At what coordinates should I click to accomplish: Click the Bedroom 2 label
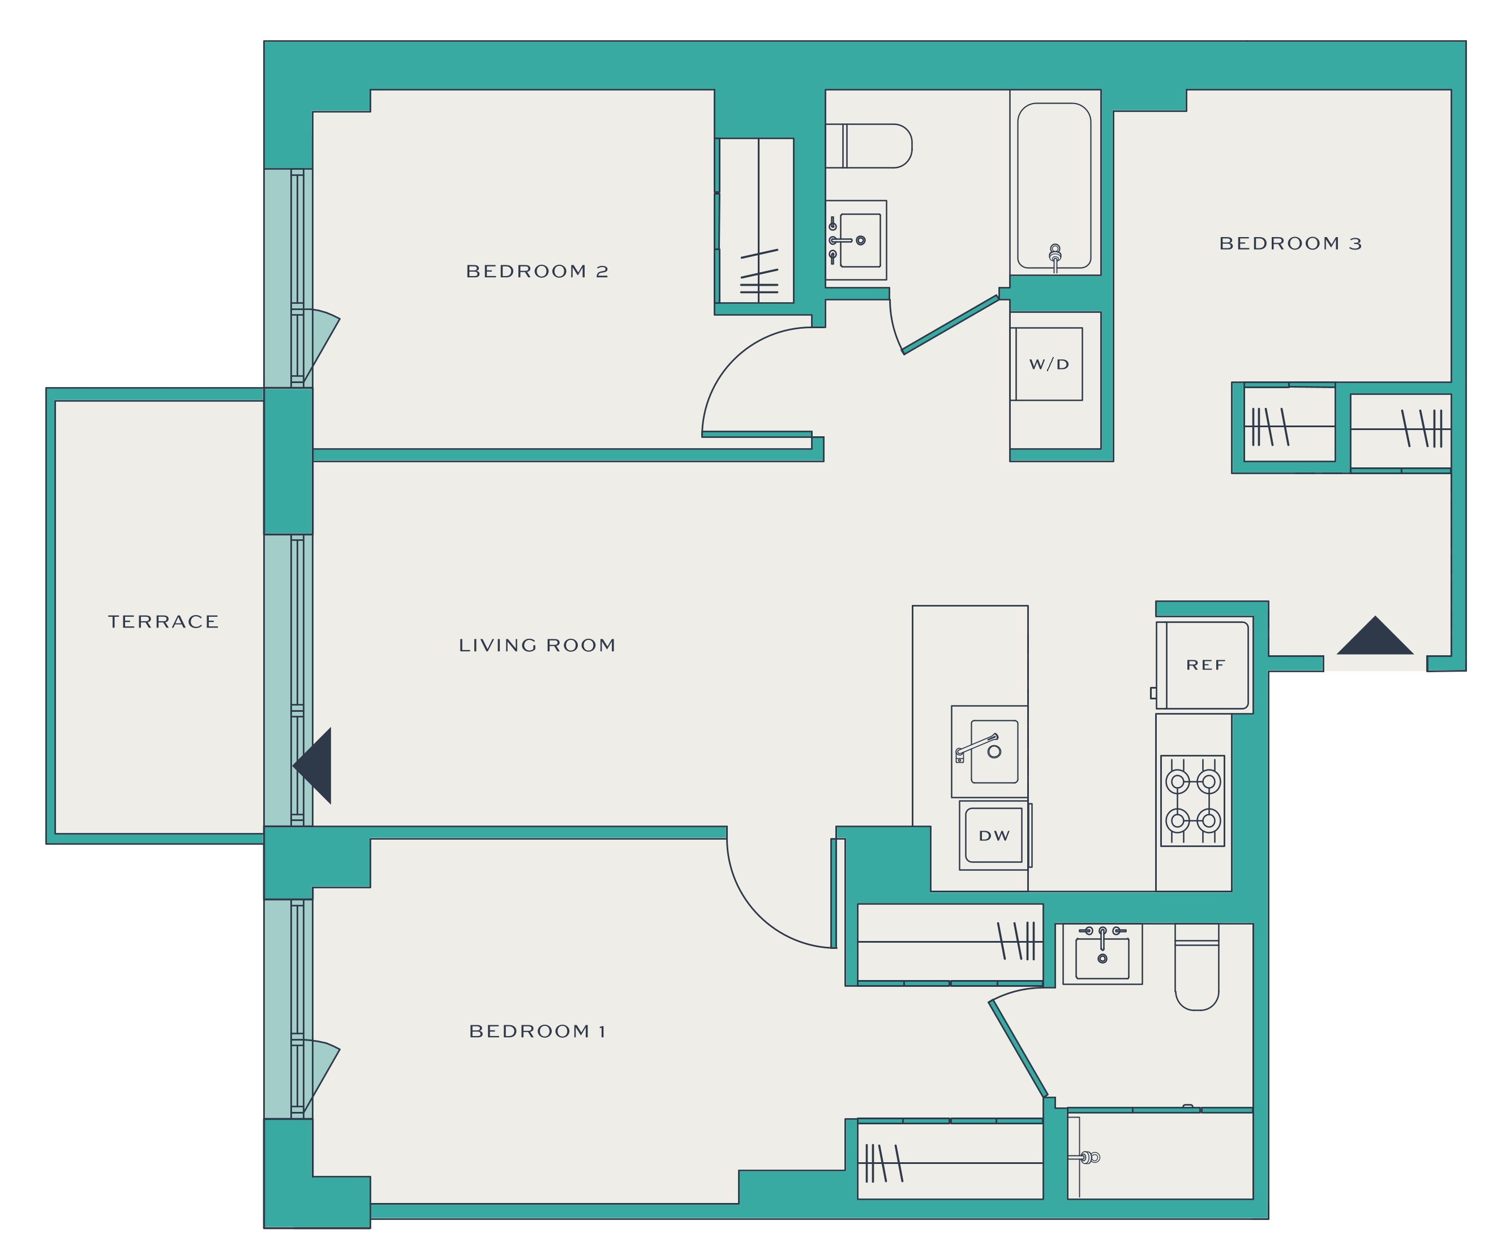(x=537, y=272)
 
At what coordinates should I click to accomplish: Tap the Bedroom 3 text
(x=1290, y=244)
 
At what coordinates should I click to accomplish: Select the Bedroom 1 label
(x=537, y=1032)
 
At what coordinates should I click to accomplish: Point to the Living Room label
(x=537, y=645)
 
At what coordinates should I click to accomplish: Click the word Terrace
(x=164, y=622)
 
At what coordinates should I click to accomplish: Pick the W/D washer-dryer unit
(x=1047, y=364)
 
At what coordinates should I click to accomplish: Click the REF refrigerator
(x=1203, y=665)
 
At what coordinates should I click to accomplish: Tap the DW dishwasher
(x=994, y=835)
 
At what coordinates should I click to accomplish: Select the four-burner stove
(x=1192, y=801)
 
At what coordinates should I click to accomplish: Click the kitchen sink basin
(x=994, y=751)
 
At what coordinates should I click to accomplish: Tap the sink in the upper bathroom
(x=856, y=240)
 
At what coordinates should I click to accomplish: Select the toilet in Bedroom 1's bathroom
(x=1197, y=967)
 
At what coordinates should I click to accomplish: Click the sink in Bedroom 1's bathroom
(x=1102, y=954)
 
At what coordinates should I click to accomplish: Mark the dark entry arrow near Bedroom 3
(x=1375, y=635)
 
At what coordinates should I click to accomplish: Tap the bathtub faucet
(x=1055, y=257)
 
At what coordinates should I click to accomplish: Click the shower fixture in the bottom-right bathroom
(x=1088, y=1157)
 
